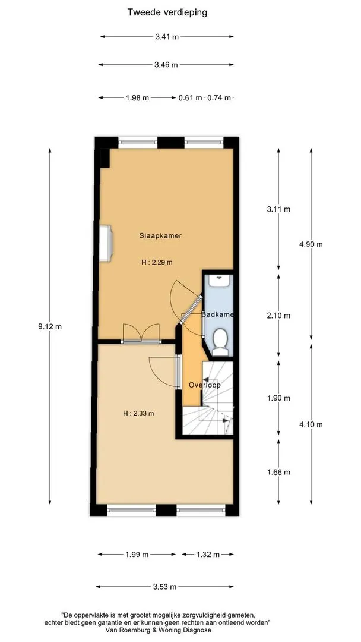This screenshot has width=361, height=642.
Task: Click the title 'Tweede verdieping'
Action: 167,12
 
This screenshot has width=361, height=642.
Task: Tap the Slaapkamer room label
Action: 160,235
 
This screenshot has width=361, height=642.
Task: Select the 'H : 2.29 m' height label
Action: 157,263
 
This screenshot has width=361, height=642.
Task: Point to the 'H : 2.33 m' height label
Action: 138,413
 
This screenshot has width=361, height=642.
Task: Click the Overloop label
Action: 205,385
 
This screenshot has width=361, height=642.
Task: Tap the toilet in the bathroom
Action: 221,341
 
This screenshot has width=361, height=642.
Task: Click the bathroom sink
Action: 220,281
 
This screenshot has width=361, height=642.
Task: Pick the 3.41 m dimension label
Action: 167,37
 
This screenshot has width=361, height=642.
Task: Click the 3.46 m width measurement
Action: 166,65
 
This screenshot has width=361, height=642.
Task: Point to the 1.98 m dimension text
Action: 137,98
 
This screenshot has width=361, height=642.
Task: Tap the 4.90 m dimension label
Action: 311,244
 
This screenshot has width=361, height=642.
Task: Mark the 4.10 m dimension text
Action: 311,424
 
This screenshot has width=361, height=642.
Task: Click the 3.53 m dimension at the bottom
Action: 164,587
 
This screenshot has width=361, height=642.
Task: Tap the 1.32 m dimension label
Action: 208,555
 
